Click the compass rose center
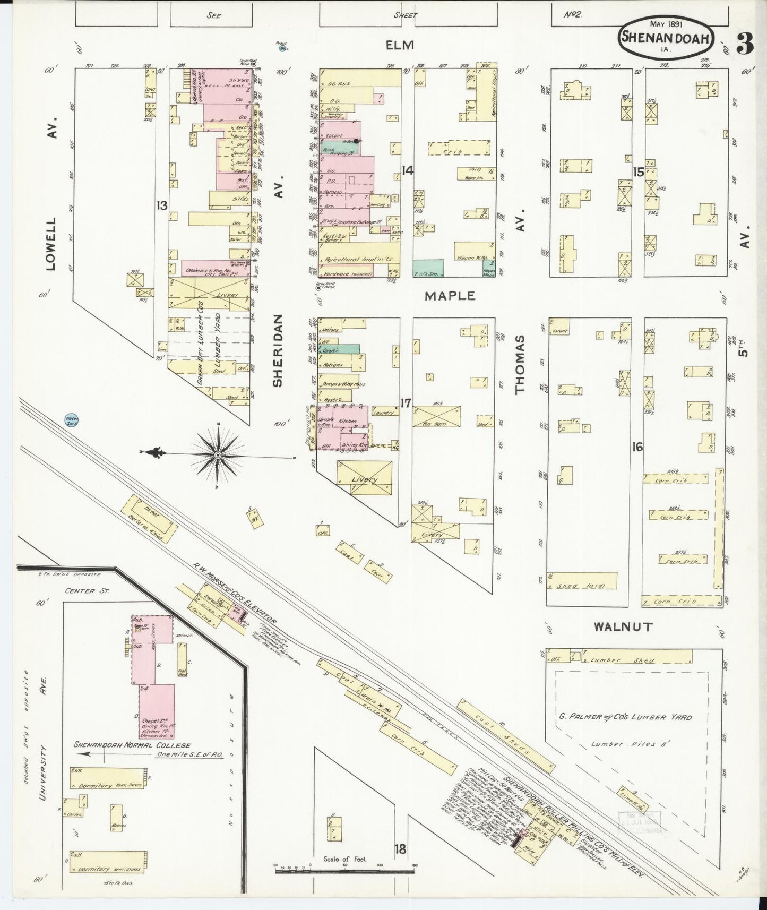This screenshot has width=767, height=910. coord(218,456)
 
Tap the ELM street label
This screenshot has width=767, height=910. coord(400,45)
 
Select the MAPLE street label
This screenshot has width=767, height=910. coord(449,296)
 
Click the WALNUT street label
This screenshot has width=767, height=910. coord(623,627)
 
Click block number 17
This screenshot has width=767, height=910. coord(406,403)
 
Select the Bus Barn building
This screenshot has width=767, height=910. coord(436,416)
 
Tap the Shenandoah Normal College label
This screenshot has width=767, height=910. coord(132,745)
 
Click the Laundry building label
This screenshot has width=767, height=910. coord(383,412)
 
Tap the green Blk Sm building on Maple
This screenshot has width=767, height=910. coord(428,268)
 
